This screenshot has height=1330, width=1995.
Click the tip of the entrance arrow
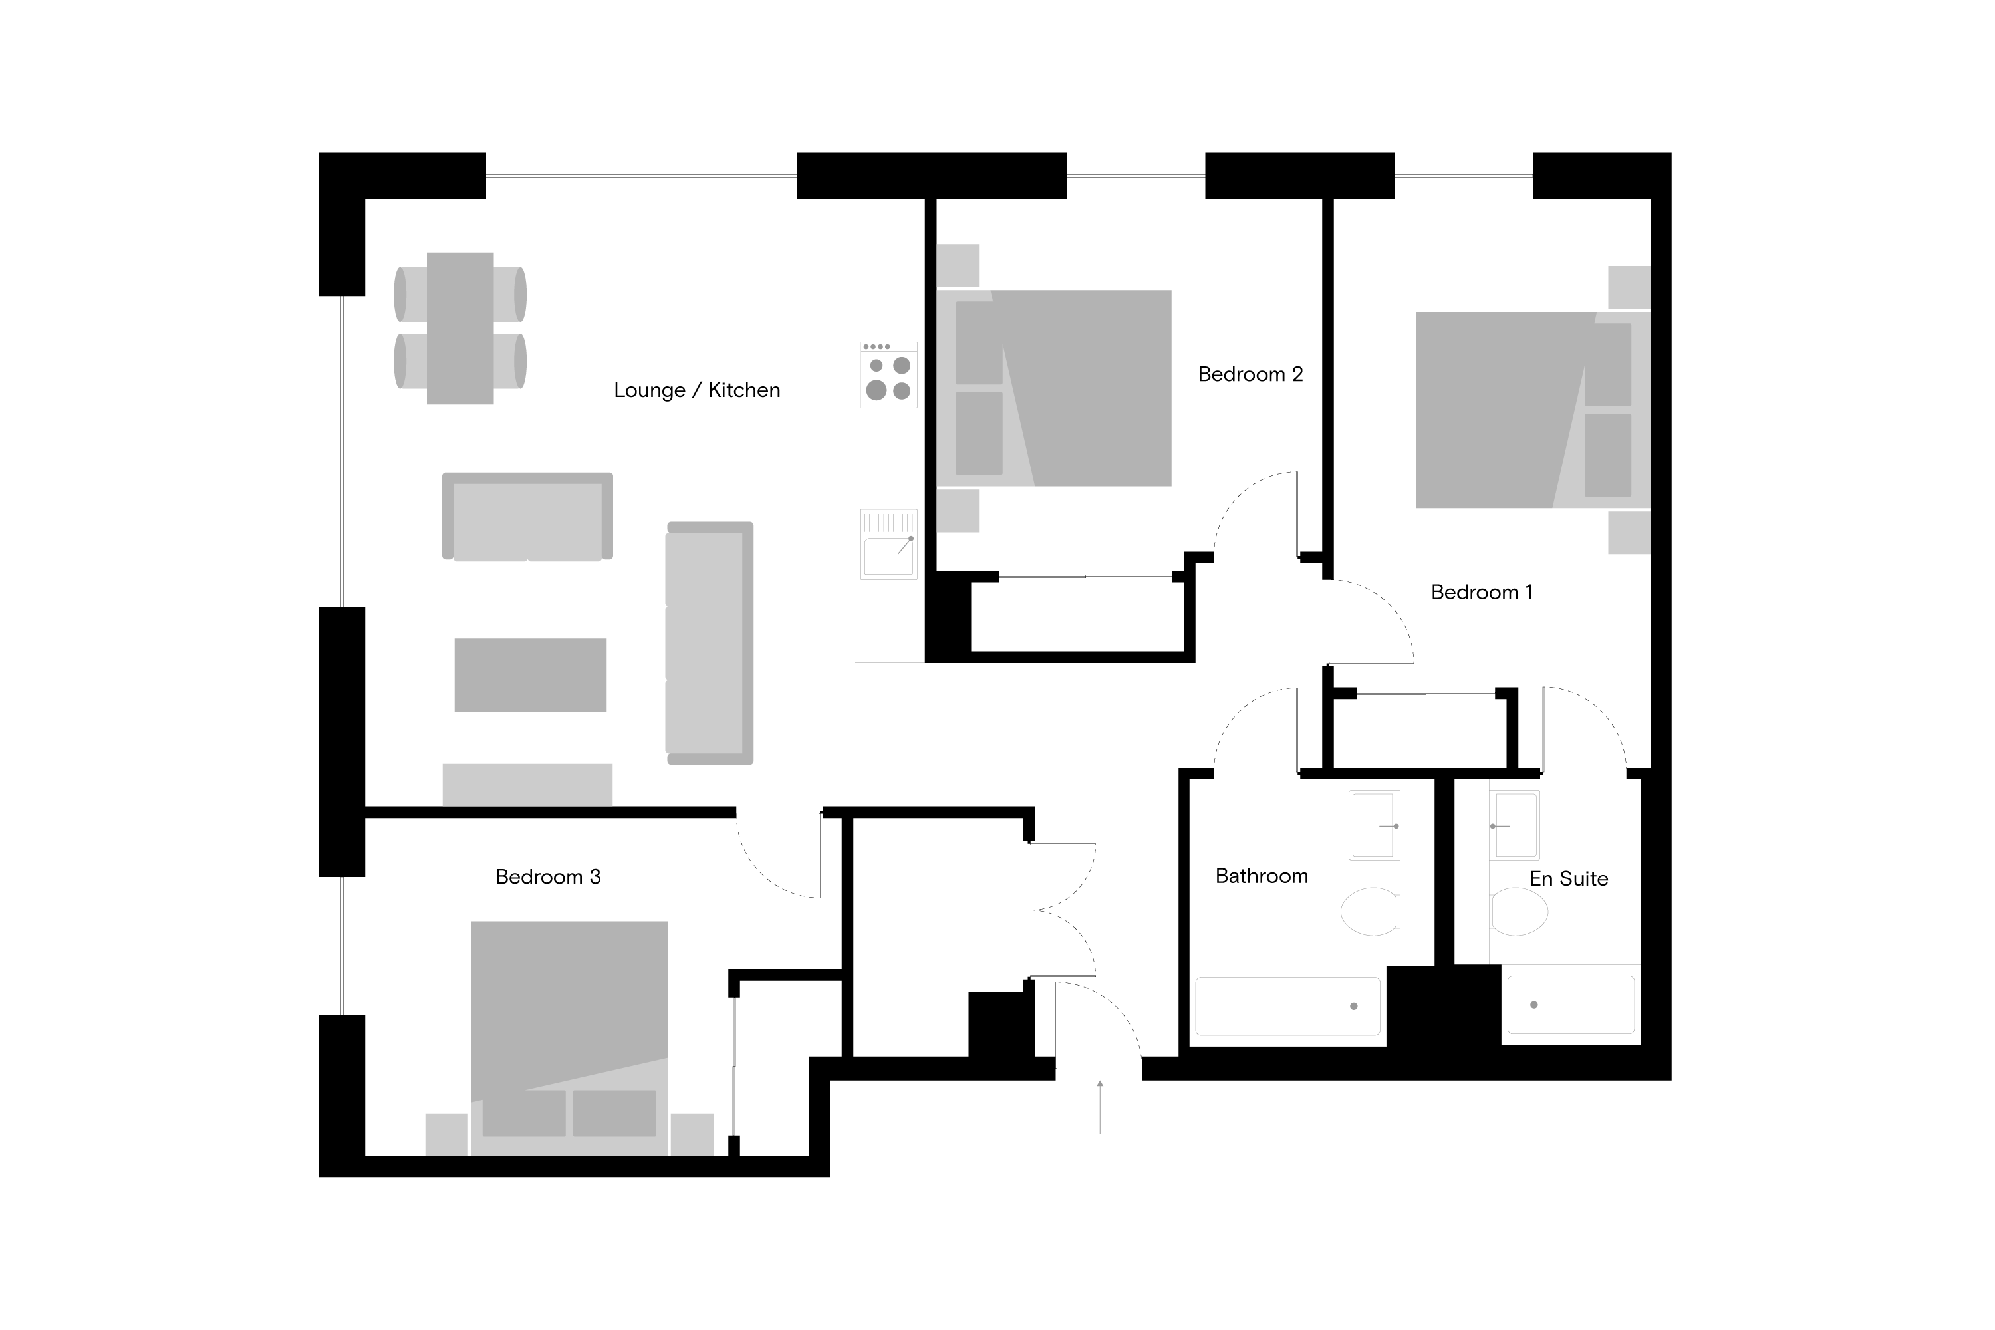coord(1100,1081)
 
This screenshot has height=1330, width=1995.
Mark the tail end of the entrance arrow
coord(1100,1134)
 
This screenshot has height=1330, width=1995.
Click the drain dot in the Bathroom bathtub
coord(1354,1006)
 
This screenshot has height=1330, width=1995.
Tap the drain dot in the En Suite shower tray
coord(1533,1005)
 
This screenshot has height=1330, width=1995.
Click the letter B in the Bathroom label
coord(1222,876)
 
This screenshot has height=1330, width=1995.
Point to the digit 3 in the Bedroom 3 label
coord(595,877)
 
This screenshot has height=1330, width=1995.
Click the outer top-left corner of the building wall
coord(319,153)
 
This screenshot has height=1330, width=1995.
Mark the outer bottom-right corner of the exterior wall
coord(1671,1080)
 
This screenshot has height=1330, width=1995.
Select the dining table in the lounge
coord(460,329)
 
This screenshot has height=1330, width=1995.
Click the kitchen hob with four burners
coord(888,375)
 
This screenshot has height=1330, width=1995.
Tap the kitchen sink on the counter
coord(888,545)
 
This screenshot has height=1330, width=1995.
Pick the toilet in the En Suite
coord(1519,912)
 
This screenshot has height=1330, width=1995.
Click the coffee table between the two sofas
coord(530,675)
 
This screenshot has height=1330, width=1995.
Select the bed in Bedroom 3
coord(569,1038)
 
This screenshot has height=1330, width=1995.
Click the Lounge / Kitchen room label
coord(697,390)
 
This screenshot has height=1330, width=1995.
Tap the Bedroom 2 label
coord(1250,374)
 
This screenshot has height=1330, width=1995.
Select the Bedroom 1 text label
coord(1482,592)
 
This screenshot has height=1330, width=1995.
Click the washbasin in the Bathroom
coord(1374,825)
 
